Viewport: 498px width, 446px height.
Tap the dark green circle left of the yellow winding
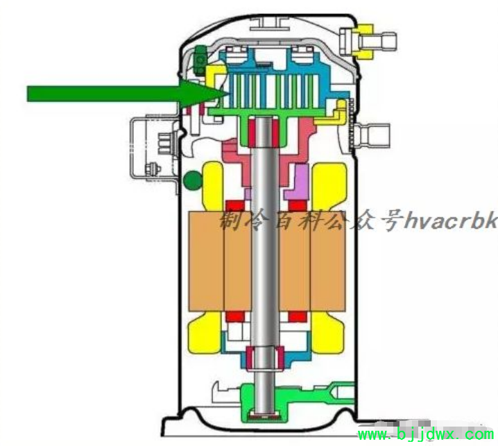point(193,180)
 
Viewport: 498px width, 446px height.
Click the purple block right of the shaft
point(298,182)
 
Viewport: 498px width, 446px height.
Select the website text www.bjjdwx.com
point(426,434)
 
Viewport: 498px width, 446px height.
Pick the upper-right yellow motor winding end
point(329,186)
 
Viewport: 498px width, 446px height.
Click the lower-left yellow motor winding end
point(205,332)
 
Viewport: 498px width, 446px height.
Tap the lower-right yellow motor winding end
point(328,332)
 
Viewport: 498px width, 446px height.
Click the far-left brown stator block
point(207,261)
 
